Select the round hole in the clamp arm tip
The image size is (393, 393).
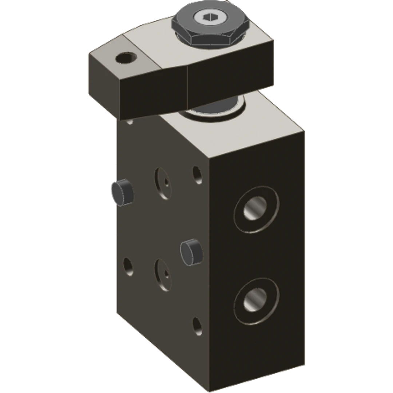point(126,57)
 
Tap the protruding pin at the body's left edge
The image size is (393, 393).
point(122,192)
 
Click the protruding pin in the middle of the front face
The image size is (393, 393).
point(191,251)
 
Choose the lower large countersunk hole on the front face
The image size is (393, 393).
point(163,274)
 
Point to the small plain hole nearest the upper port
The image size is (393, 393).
point(197,175)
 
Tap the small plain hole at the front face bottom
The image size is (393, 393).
point(197,325)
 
